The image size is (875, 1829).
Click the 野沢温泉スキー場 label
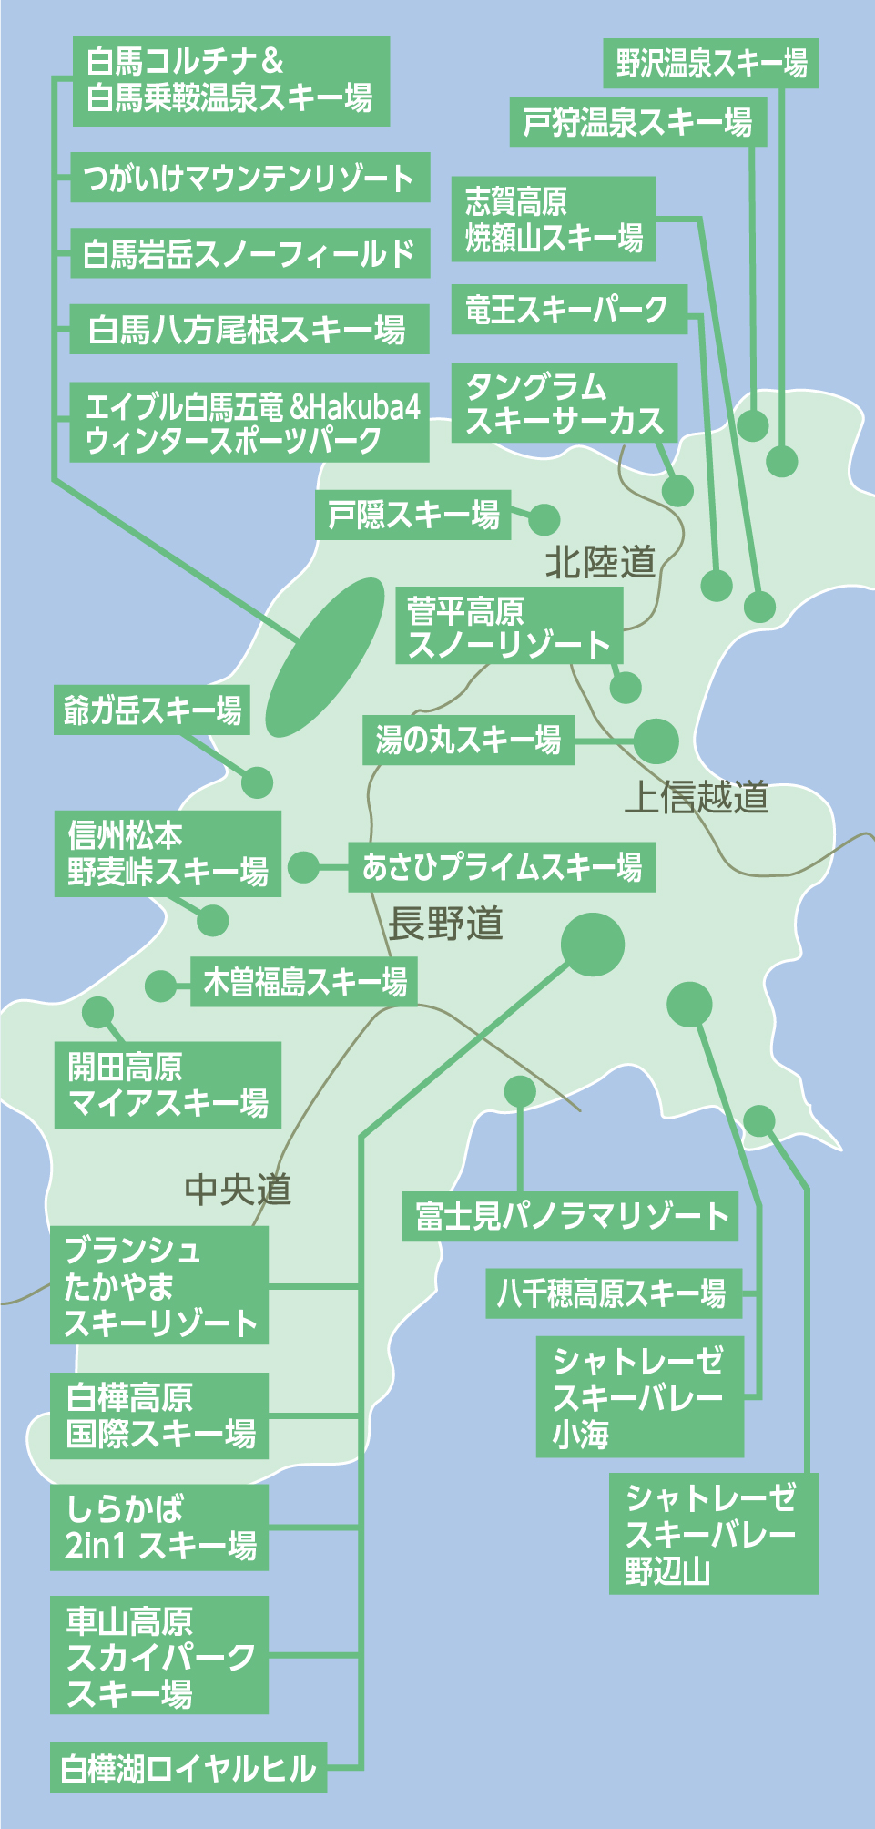click(x=711, y=63)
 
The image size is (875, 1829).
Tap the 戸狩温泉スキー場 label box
click(x=637, y=122)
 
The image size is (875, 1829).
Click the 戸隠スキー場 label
click(x=413, y=516)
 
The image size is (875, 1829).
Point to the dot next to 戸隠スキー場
click(x=544, y=519)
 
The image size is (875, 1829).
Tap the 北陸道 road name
click(x=600, y=562)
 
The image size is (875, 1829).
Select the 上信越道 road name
click(x=697, y=797)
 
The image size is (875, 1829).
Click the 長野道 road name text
click(x=445, y=924)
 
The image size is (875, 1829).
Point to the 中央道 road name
click(x=238, y=1189)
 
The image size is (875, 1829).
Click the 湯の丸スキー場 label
click(x=469, y=740)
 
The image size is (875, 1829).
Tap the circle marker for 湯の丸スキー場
click(x=656, y=741)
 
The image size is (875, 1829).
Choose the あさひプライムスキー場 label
click(x=502, y=867)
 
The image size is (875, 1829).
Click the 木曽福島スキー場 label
click(x=304, y=982)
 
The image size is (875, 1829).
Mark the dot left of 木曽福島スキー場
click(x=160, y=985)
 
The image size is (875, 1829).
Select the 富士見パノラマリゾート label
click(x=570, y=1216)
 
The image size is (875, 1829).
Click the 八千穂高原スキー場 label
click(x=613, y=1293)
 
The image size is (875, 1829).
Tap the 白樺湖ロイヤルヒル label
click(x=188, y=1769)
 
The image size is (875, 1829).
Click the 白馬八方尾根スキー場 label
click(x=249, y=330)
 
